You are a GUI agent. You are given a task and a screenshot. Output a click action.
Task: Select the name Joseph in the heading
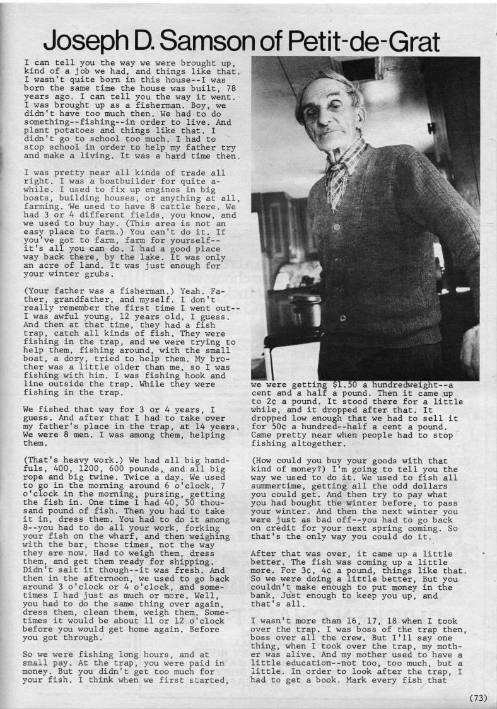pos(85,42)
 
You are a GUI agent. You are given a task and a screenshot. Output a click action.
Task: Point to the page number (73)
pos(479,697)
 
